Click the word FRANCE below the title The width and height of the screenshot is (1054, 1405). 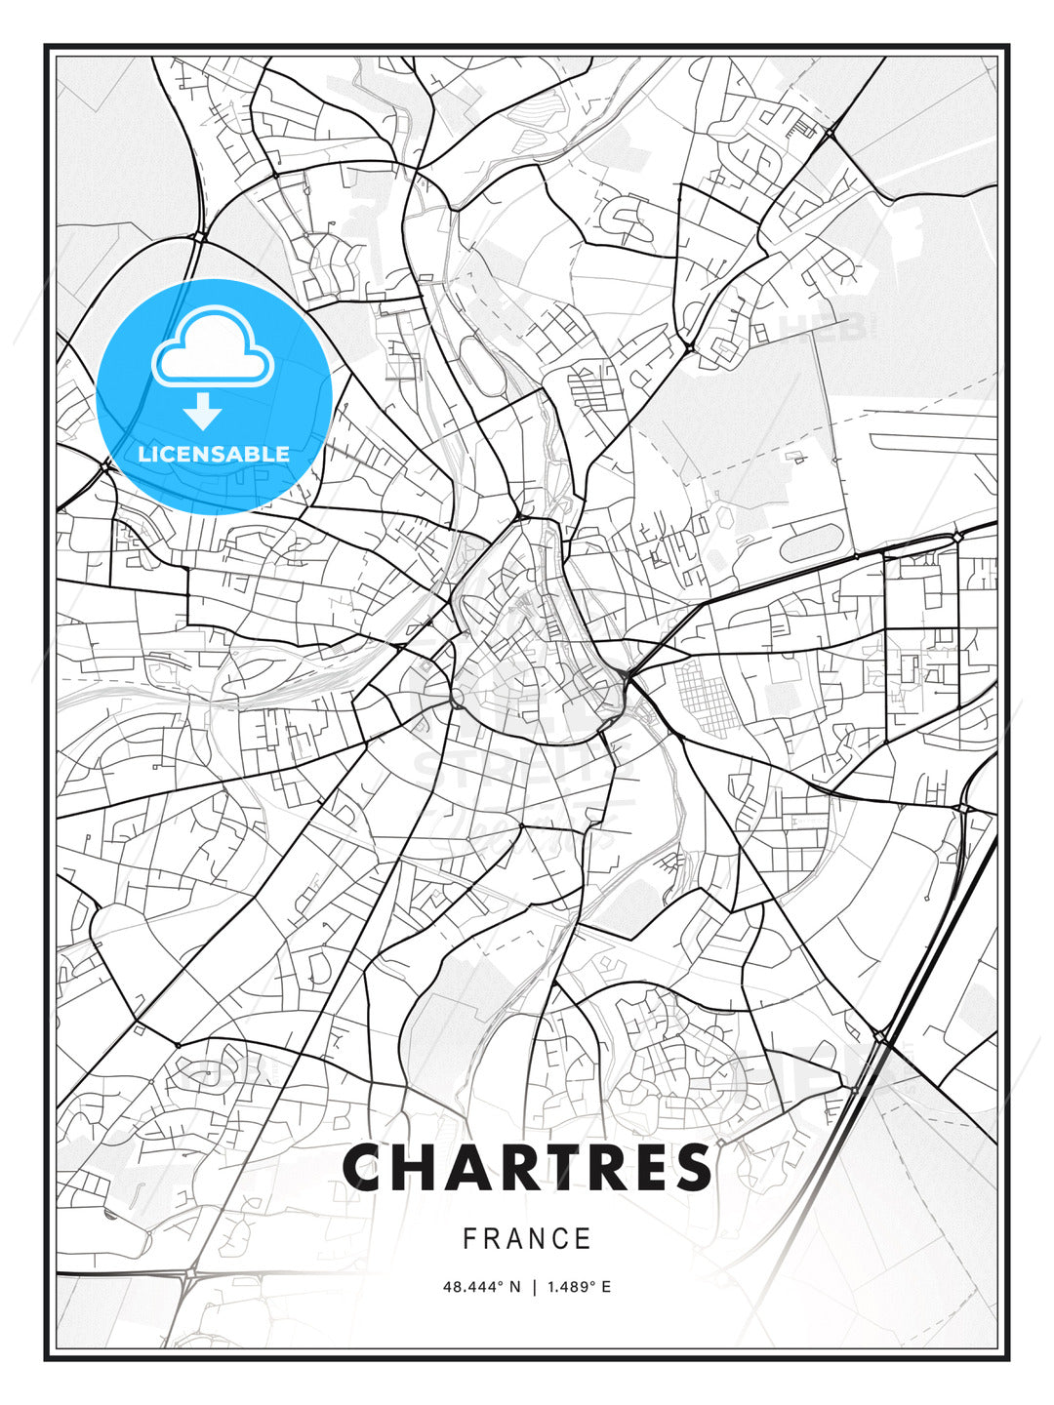point(527,1239)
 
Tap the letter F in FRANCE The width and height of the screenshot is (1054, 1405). point(469,1239)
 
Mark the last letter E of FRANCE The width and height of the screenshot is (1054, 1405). point(583,1239)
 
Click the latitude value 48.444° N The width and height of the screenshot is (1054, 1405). point(481,1287)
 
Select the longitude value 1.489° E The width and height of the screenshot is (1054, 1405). point(579,1287)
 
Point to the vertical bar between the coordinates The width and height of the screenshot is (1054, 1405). point(534,1287)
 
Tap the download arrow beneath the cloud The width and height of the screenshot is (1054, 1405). point(203,413)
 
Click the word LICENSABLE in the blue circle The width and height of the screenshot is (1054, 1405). point(214,454)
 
